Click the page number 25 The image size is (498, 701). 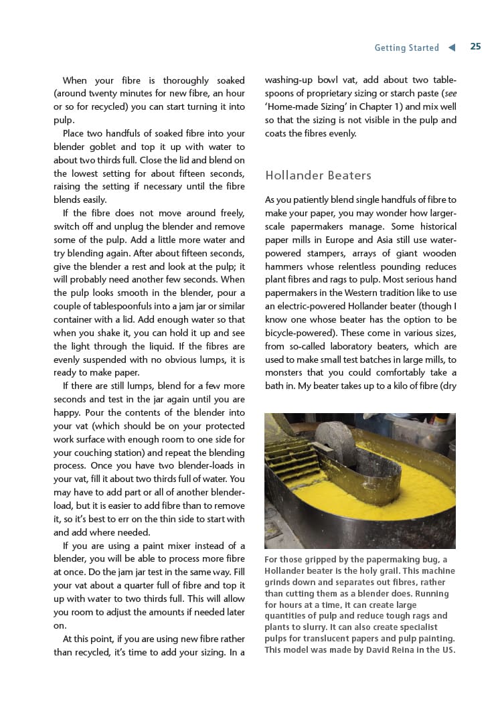pyautogui.click(x=475, y=47)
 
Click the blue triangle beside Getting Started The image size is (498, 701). pyautogui.click(x=452, y=48)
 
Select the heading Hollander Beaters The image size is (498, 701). pyautogui.click(x=318, y=175)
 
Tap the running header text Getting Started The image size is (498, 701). pyautogui.click(x=406, y=48)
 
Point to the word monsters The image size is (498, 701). pyautogui.click(x=287, y=373)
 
